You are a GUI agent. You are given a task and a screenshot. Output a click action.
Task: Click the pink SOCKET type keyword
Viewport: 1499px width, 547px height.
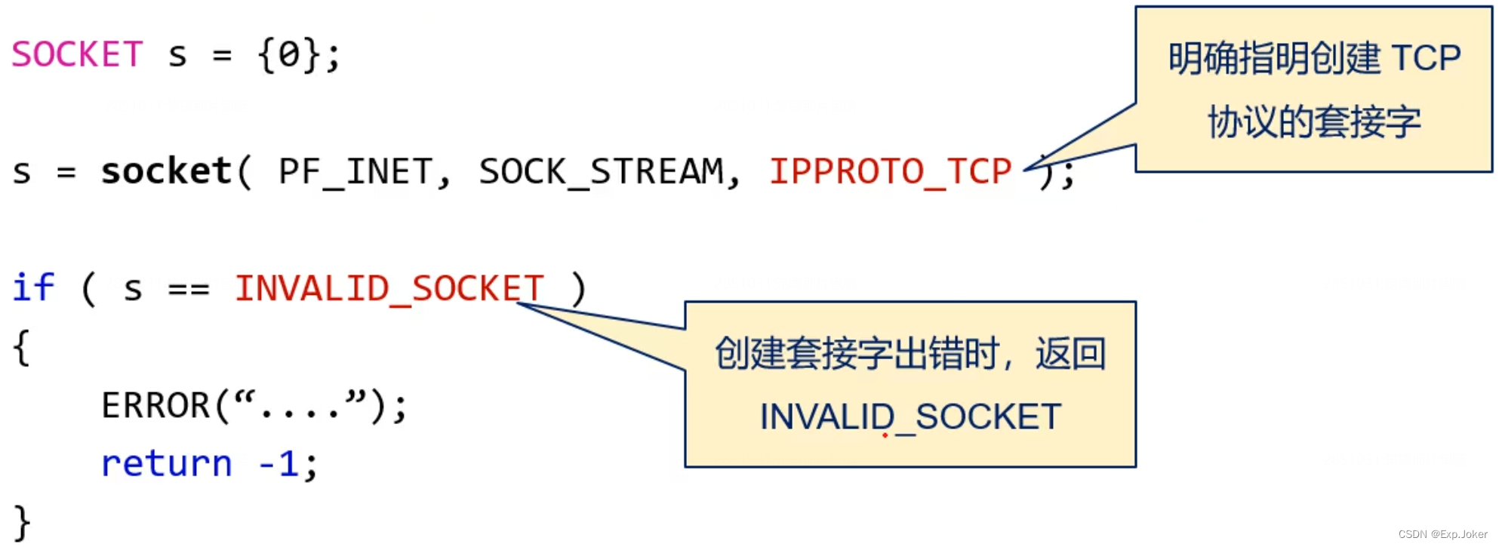[x=77, y=54]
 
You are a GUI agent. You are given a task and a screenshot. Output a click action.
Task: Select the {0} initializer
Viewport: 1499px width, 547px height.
[x=290, y=54]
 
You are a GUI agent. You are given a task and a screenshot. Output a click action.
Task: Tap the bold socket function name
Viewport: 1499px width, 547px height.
[x=166, y=171]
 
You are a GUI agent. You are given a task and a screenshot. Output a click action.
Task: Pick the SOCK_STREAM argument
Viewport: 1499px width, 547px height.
[x=601, y=171]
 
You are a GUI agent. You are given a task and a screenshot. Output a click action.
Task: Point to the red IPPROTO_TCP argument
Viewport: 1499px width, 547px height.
[x=890, y=171]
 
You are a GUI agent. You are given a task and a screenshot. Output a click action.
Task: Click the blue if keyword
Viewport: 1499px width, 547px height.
[x=34, y=287]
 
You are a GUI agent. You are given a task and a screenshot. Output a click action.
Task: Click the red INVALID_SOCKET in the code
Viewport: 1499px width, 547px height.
[x=389, y=288]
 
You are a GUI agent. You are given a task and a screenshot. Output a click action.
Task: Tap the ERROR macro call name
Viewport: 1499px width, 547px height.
[x=155, y=405]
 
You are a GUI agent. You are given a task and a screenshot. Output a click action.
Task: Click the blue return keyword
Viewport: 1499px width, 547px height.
[x=167, y=463]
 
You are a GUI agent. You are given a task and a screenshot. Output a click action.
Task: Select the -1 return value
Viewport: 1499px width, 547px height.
[x=279, y=463]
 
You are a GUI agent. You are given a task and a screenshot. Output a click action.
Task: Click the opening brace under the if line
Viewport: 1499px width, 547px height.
[x=21, y=347]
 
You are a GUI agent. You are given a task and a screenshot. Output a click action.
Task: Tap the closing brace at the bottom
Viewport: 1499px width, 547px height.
[x=21, y=522]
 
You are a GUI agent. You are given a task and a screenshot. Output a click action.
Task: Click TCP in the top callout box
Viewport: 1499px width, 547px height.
[x=1425, y=58]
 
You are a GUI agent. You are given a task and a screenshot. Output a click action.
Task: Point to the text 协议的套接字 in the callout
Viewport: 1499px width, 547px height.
[x=1314, y=121]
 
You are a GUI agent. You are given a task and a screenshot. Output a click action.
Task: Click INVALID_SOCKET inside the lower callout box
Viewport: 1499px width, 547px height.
[x=910, y=417]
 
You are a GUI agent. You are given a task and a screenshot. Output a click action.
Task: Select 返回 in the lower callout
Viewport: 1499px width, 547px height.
[x=1070, y=353]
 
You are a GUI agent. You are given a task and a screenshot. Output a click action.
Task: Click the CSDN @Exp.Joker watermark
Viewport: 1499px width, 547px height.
[x=1442, y=534]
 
